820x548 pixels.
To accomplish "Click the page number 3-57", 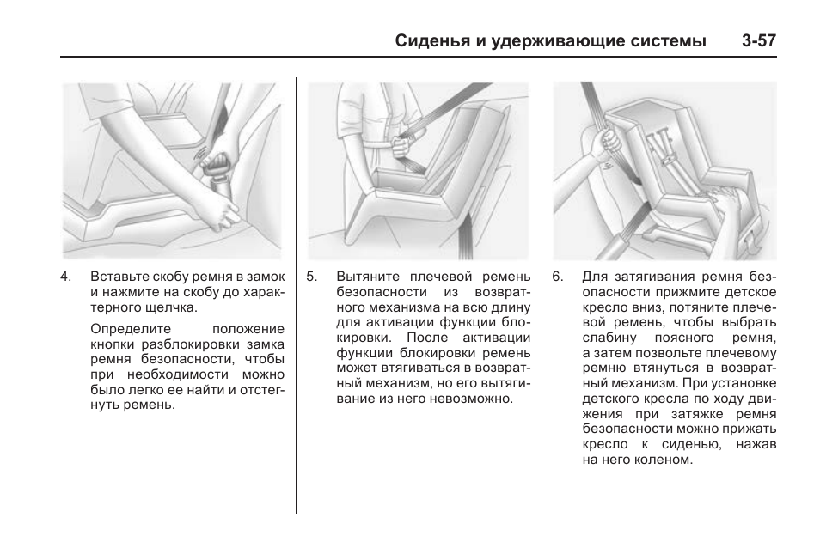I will pos(756,41).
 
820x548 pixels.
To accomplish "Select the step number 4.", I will pos(64,277).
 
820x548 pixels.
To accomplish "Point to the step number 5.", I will pos(311,277).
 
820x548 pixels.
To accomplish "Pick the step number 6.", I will pos(558,277).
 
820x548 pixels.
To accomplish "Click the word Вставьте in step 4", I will pos(117,277).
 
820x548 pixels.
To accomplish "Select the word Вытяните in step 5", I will pos(364,277).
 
